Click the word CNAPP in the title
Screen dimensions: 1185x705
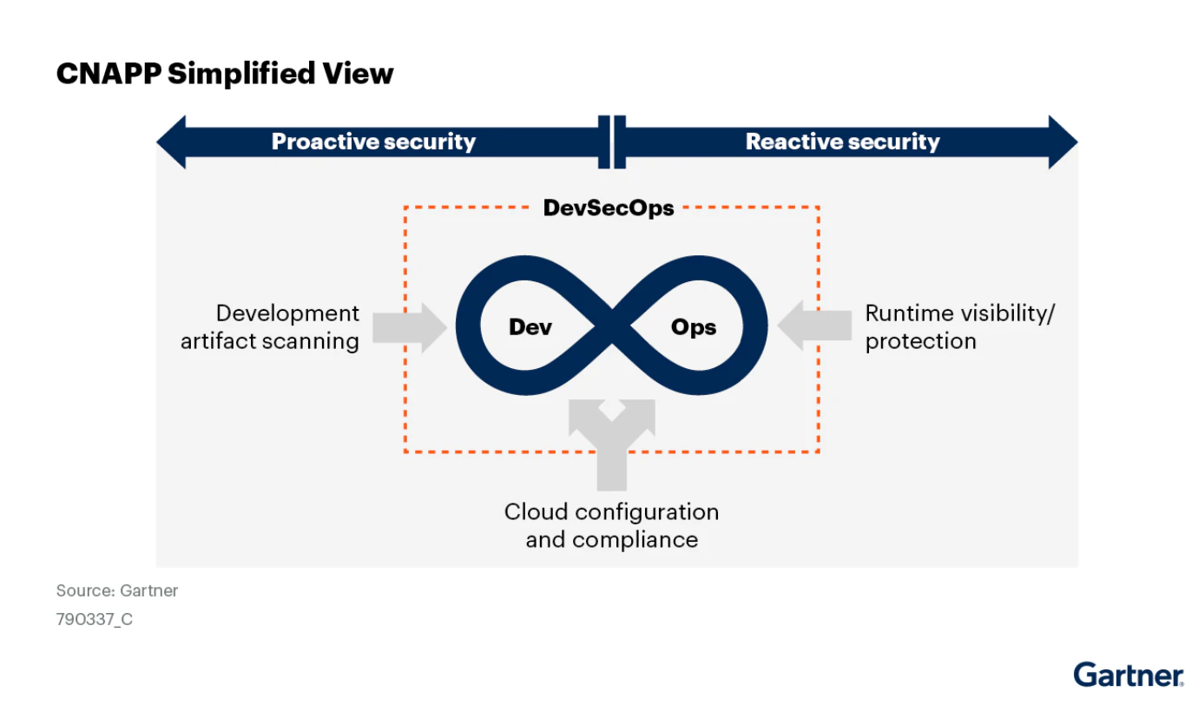[109, 73]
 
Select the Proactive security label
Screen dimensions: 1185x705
[373, 142]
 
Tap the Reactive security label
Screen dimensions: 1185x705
[843, 142]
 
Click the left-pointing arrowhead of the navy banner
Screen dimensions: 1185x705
[171, 142]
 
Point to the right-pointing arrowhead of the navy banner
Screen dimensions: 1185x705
[1063, 142]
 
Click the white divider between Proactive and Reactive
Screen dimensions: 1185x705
[612, 142]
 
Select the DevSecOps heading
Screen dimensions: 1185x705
[609, 208]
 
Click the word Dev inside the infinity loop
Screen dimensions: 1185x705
[530, 326]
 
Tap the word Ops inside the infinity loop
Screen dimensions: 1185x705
[694, 326]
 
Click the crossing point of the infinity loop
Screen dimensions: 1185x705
[612, 326]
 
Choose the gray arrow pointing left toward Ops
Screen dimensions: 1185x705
[814, 326]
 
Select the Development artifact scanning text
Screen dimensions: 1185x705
[270, 327]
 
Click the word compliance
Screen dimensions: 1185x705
[635, 540]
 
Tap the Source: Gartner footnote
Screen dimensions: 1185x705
[117, 590]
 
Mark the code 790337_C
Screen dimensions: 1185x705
[94, 619]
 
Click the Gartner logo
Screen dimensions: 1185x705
[1129, 675]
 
